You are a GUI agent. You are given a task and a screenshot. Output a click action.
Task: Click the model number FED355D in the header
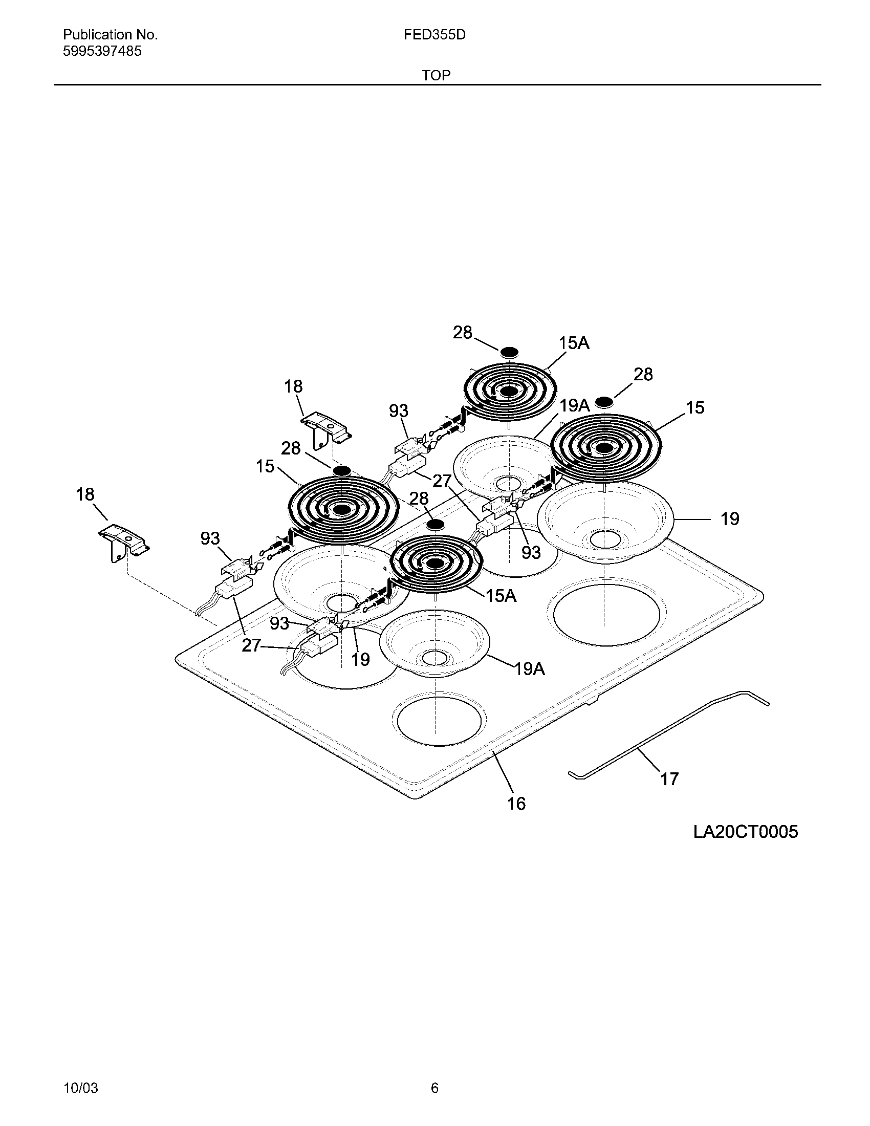[434, 34]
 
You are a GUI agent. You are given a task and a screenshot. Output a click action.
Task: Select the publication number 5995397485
[102, 51]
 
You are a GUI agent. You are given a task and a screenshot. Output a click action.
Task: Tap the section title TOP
[436, 75]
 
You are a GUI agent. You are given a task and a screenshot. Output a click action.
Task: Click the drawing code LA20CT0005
[745, 832]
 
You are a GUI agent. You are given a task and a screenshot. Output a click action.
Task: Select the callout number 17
[669, 778]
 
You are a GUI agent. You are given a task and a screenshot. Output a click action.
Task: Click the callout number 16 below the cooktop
[516, 803]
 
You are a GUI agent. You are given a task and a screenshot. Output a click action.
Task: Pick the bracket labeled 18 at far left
[124, 542]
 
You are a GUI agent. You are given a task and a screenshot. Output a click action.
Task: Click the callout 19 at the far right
[730, 518]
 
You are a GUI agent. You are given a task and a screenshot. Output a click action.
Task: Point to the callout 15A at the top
[574, 343]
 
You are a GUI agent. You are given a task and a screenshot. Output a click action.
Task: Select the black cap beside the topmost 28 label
[509, 352]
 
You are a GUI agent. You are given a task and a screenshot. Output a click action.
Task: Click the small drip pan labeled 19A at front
[434, 642]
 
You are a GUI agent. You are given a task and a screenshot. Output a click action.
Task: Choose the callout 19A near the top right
[575, 405]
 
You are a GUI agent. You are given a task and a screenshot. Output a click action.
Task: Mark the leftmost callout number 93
[210, 538]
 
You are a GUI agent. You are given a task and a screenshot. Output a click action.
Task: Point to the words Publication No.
[111, 34]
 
